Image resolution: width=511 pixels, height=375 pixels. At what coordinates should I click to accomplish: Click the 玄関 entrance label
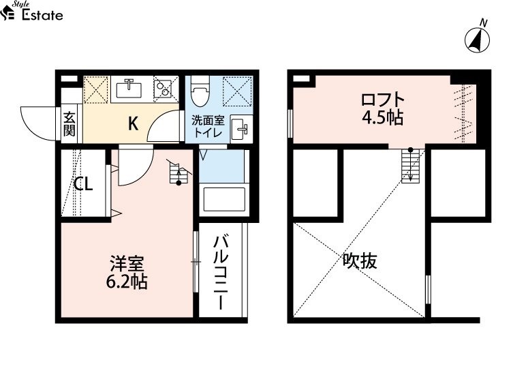pos(69,124)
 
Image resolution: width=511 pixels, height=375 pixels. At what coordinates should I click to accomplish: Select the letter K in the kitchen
pos(133,123)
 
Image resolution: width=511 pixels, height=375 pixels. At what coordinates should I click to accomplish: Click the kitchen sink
pos(129,89)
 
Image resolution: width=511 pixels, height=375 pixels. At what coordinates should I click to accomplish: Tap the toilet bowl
pos(200,91)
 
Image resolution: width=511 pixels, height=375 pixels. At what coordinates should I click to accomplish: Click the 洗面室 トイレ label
pos(208,126)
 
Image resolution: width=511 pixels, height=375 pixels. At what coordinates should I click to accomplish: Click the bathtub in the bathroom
pos(224,199)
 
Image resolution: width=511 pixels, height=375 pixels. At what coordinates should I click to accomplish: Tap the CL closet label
pos(83,184)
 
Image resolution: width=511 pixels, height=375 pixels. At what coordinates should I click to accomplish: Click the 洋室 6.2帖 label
pos(127,273)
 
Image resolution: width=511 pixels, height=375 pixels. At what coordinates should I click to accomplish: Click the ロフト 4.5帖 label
pos(383,108)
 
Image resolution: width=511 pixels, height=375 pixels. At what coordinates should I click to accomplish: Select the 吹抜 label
pos(360,261)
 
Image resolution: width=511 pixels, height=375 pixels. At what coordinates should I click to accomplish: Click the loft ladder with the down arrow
pos(410,165)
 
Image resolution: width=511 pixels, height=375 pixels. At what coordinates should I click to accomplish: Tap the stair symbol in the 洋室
pos(179,172)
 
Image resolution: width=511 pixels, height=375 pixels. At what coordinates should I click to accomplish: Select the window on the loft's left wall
pos(290,123)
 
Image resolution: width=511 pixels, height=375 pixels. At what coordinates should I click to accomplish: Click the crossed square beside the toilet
pos(237,91)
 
